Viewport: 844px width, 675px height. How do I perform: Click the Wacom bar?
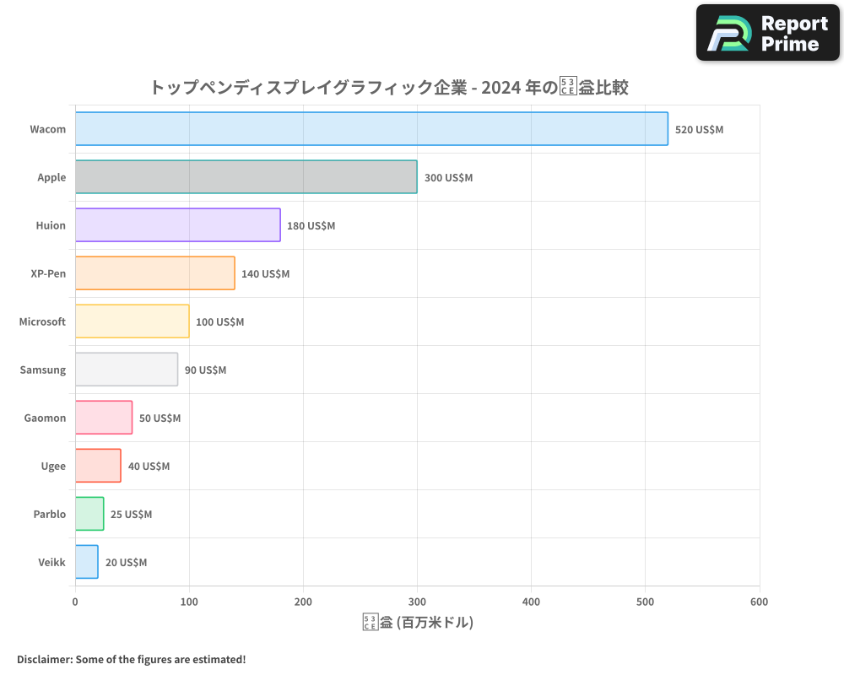(x=371, y=129)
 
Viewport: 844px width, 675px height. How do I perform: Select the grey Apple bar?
(x=246, y=177)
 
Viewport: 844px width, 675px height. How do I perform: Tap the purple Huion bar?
(x=177, y=225)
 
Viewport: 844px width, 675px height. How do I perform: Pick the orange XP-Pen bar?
(x=154, y=273)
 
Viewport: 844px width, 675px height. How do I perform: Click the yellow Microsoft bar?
(x=132, y=321)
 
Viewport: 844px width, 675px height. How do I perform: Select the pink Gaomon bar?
(x=104, y=418)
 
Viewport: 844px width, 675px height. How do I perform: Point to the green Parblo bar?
(x=89, y=514)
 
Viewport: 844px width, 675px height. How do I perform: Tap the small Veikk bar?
(x=86, y=562)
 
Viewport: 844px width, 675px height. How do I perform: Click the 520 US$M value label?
(x=699, y=130)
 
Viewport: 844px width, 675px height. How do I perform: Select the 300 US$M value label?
(x=448, y=178)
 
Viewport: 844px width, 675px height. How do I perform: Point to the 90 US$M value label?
(x=205, y=370)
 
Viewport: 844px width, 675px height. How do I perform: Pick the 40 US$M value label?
(x=149, y=467)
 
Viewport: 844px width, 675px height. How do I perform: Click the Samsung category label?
(x=42, y=370)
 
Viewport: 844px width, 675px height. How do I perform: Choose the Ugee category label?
(x=52, y=466)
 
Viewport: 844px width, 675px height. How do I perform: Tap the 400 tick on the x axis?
(x=531, y=602)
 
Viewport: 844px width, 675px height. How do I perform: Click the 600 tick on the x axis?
(x=759, y=602)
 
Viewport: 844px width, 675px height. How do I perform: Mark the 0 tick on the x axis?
(x=75, y=602)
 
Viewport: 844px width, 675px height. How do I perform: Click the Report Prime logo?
(x=767, y=33)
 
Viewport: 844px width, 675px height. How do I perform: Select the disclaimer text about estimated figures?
(x=131, y=659)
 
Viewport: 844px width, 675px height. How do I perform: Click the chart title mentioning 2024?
(x=388, y=87)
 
